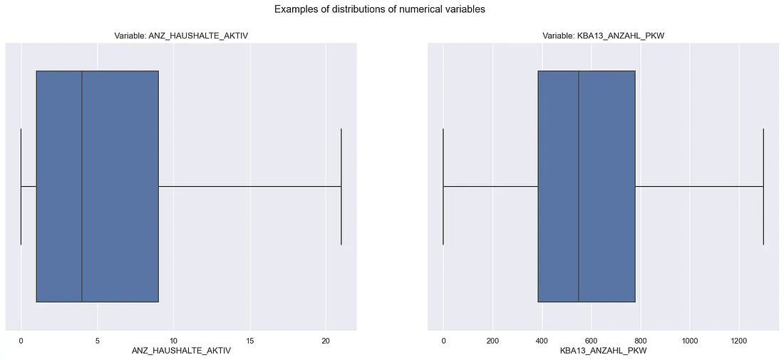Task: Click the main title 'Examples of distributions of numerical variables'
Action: [x=380, y=10]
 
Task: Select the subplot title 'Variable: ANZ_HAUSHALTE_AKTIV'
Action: [x=181, y=36]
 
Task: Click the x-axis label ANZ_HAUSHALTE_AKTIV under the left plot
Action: [x=181, y=351]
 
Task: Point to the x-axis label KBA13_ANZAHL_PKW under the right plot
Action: [x=604, y=351]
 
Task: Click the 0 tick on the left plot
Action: [x=21, y=340]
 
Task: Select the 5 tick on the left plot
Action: [x=97, y=340]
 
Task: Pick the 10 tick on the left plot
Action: [x=173, y=340]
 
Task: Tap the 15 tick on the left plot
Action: [x=249, y=340]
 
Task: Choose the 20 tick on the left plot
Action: [x=326, y=340]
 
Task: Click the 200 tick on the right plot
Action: [x=492, y=340]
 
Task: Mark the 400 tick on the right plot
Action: [x=542, y=340]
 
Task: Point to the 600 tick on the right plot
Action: [x=591, y=340]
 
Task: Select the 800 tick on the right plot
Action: [x=640, y=340]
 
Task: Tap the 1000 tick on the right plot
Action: [x=689, y=340]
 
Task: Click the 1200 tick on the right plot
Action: [x=739, y=340]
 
